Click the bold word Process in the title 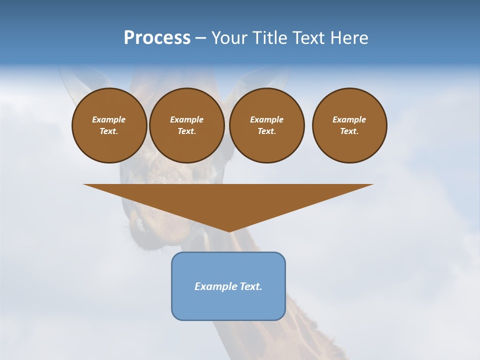(x=157, y=38)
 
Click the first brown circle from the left (x=109, y=125)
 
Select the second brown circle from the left (x=186, y=125)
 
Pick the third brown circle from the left (x=266, y=125)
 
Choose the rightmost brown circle (x=349, y=125)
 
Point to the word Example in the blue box (x=215, y=286)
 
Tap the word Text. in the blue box (x=250, y=286)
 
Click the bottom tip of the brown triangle (x=229, y=231)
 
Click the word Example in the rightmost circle (x=349, y=119)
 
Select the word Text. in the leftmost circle (x=109, y=131)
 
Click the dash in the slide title (x=200, y=38)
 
